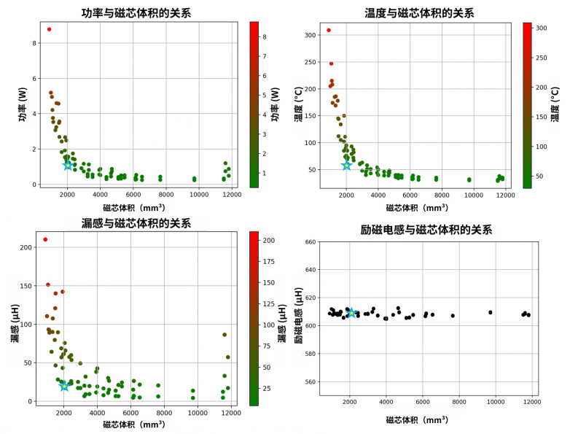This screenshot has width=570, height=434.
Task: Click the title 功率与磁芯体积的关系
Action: [x=136, y=13]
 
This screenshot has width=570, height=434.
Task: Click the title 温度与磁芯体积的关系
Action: [x=419, y=13]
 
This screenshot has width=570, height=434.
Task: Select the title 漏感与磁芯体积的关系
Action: [x=136, y=223]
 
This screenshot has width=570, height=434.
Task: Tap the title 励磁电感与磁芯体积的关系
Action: [x=426, y=230]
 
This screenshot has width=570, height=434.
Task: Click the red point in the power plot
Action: [x=49, y=29]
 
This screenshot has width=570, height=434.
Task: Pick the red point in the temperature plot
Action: [x=329, y=30]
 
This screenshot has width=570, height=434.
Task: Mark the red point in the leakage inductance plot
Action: [x=45, y=239]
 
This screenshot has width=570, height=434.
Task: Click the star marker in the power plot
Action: [x=68, y=165]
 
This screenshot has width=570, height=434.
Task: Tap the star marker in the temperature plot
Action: [x=347, y=165]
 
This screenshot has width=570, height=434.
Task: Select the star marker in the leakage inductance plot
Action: [x=64, y=386]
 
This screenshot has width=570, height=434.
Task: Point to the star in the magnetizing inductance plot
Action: [x=351, y=312]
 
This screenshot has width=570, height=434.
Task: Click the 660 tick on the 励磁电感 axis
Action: [x=311, y=242]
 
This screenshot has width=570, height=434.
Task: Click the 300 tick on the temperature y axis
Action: [x=310, y=35]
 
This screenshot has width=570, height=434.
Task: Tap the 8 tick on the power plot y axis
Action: [x=34, y=43]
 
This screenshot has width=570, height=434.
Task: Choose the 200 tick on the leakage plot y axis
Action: [x=26, y=247]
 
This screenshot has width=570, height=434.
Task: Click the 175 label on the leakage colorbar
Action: [x=269, y=261]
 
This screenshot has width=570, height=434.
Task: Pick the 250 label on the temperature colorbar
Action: [x=542, y=58]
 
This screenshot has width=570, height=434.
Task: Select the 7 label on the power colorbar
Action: [x=265, y=56]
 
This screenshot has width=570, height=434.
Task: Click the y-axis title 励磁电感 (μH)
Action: [x=299, y=315]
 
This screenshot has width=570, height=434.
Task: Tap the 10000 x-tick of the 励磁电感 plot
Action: [x=496, y=402]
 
